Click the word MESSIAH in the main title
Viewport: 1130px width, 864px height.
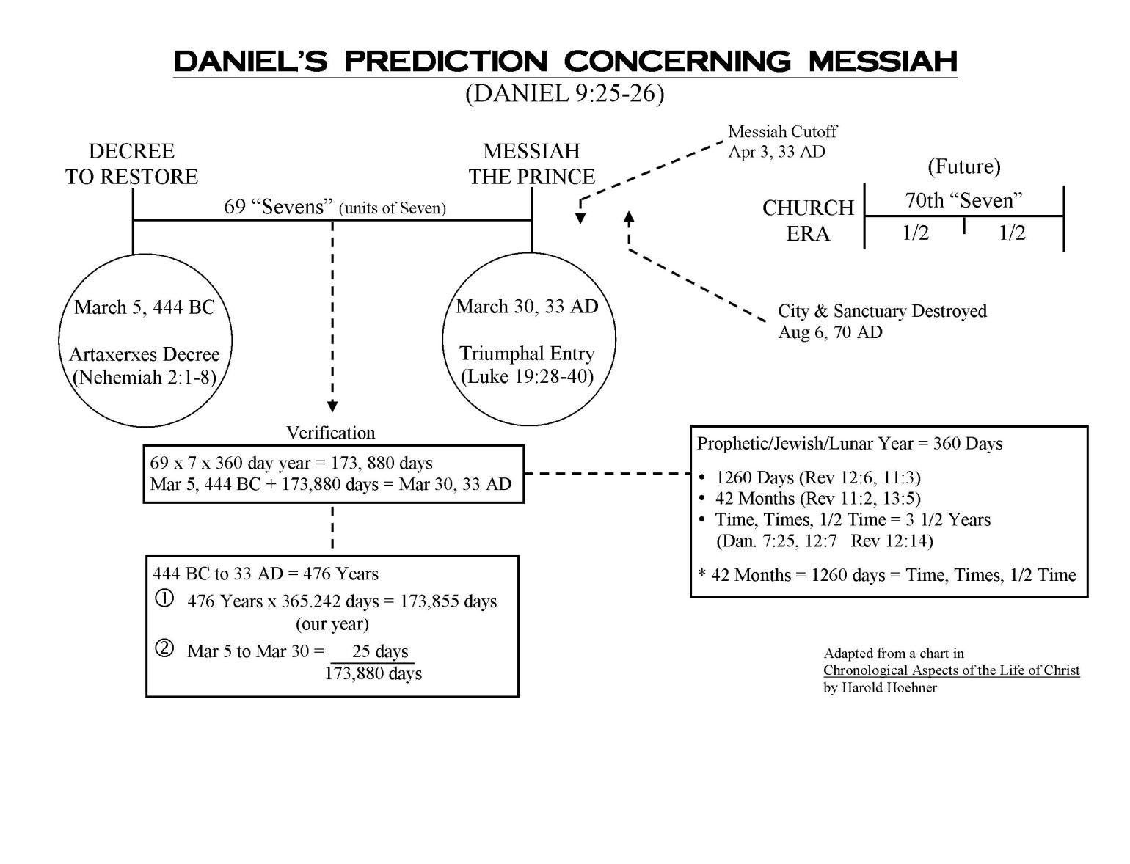(882, 61)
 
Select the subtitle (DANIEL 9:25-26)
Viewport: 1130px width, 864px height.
(564, 94)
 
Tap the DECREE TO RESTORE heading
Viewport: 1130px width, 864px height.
(131, 164)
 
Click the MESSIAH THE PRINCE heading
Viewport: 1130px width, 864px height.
(532, 164)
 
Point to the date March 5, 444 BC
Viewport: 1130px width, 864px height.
(145, 307)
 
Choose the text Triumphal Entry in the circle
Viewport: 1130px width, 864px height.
(527, 354)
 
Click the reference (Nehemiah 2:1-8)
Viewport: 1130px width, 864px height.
(145, 377)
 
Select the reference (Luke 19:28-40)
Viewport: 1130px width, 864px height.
(527, 377)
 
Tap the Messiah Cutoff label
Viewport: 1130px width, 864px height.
(782, 132)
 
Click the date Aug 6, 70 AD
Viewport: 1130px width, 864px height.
(830, 332)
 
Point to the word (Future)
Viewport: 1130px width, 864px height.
(963, 166)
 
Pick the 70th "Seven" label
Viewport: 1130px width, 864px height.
(963, 200)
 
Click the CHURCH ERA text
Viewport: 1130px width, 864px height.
(808, 220)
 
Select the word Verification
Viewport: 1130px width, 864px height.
(330, 433)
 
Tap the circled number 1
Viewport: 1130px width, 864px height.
(164, 598)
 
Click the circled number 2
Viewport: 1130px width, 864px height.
(164, 648)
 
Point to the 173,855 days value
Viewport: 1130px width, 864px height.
(448, 601)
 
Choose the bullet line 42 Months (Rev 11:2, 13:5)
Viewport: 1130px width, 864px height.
(817, 499)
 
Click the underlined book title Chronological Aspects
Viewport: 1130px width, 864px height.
(951, 670)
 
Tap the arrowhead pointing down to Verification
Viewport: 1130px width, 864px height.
(332, 406)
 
